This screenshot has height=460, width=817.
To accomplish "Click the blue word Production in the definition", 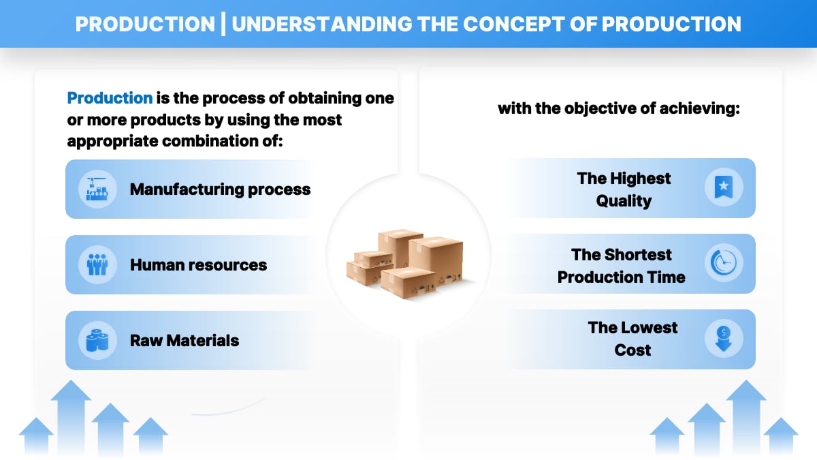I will coord(110,97).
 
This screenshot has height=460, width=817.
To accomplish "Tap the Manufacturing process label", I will coord(220,189).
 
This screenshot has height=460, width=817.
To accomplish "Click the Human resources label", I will coord(198,264).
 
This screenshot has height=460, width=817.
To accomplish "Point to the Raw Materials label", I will coord(185,340).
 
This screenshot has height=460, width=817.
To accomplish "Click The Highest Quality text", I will coord(624,189).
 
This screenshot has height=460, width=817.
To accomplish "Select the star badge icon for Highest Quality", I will coord(723,187).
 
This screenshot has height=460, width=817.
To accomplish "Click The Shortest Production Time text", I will coord(621,265).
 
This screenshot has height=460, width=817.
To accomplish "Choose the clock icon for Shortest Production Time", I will coord(723,264).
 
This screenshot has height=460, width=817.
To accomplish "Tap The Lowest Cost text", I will coord(632,339).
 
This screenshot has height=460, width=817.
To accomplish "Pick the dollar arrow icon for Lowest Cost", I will coord(723,339).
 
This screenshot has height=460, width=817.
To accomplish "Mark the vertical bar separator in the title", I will coord(223,24).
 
